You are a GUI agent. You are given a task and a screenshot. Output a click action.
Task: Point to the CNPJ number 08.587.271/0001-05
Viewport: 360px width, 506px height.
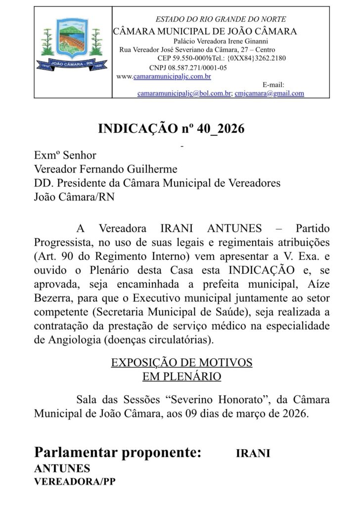click(x=188, y=68)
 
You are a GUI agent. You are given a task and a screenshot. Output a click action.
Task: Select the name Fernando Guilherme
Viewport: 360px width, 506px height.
click(x=131, y=169)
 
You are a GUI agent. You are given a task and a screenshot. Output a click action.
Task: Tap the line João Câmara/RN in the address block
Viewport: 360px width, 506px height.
click(x=74, y=197)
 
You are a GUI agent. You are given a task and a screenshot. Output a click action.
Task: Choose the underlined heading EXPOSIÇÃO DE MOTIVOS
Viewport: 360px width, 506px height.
click(x=181, y=363)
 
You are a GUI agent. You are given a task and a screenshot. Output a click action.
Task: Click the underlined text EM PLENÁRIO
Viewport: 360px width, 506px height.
click(x=181, y=377)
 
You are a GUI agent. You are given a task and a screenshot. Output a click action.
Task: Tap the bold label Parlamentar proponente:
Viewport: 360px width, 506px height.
click(x=118, y=453)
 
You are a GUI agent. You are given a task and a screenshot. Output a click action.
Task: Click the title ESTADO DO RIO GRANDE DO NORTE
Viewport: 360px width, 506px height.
click(x=221, y=19)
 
